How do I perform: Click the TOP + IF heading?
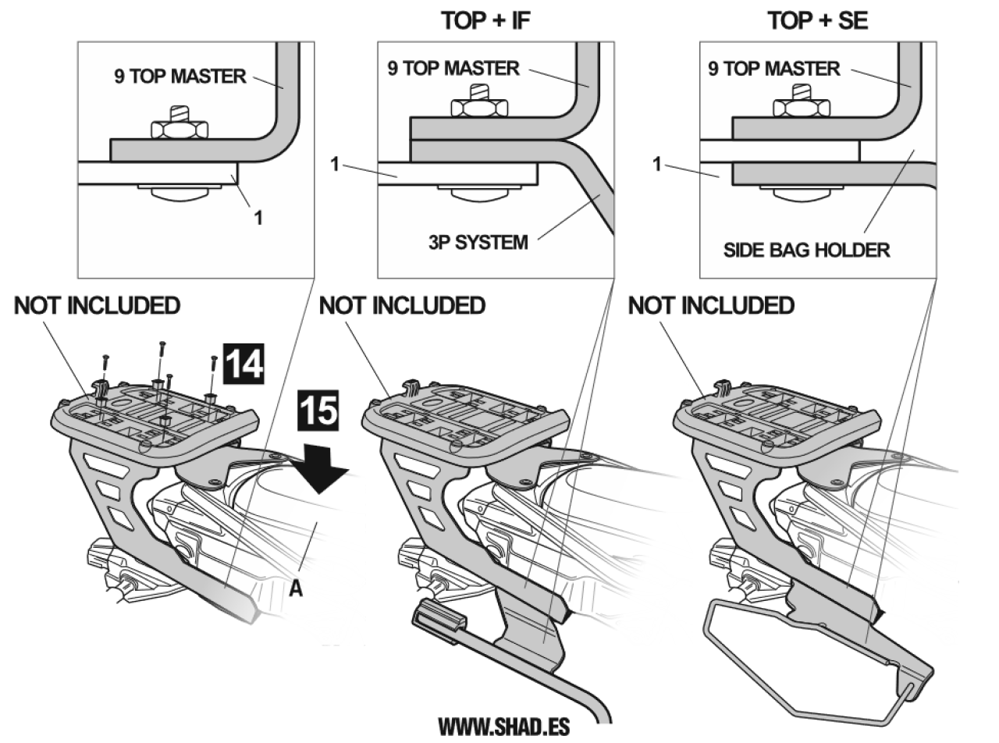tap(485, 21)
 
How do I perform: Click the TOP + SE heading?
tap(817, 21)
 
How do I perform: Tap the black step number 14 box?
tap(244, 364)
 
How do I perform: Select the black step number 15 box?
tap(318, 411)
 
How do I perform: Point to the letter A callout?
tap(296, 588)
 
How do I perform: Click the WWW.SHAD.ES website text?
tap(504, 727)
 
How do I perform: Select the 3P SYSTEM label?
tap(478, 243)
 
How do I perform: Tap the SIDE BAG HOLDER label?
tap(807, 250)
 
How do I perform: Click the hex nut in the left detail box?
tap(180, 130)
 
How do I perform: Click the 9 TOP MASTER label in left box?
tap(180, 76)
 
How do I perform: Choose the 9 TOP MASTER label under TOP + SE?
tap(773, 69)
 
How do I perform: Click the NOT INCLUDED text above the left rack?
tap(98, 305)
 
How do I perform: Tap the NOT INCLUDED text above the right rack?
tap(711, 305)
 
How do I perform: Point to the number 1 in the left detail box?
tap(258, 218)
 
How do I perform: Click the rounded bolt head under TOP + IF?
tap(480, 194)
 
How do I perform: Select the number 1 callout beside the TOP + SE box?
tap(657, 164)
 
